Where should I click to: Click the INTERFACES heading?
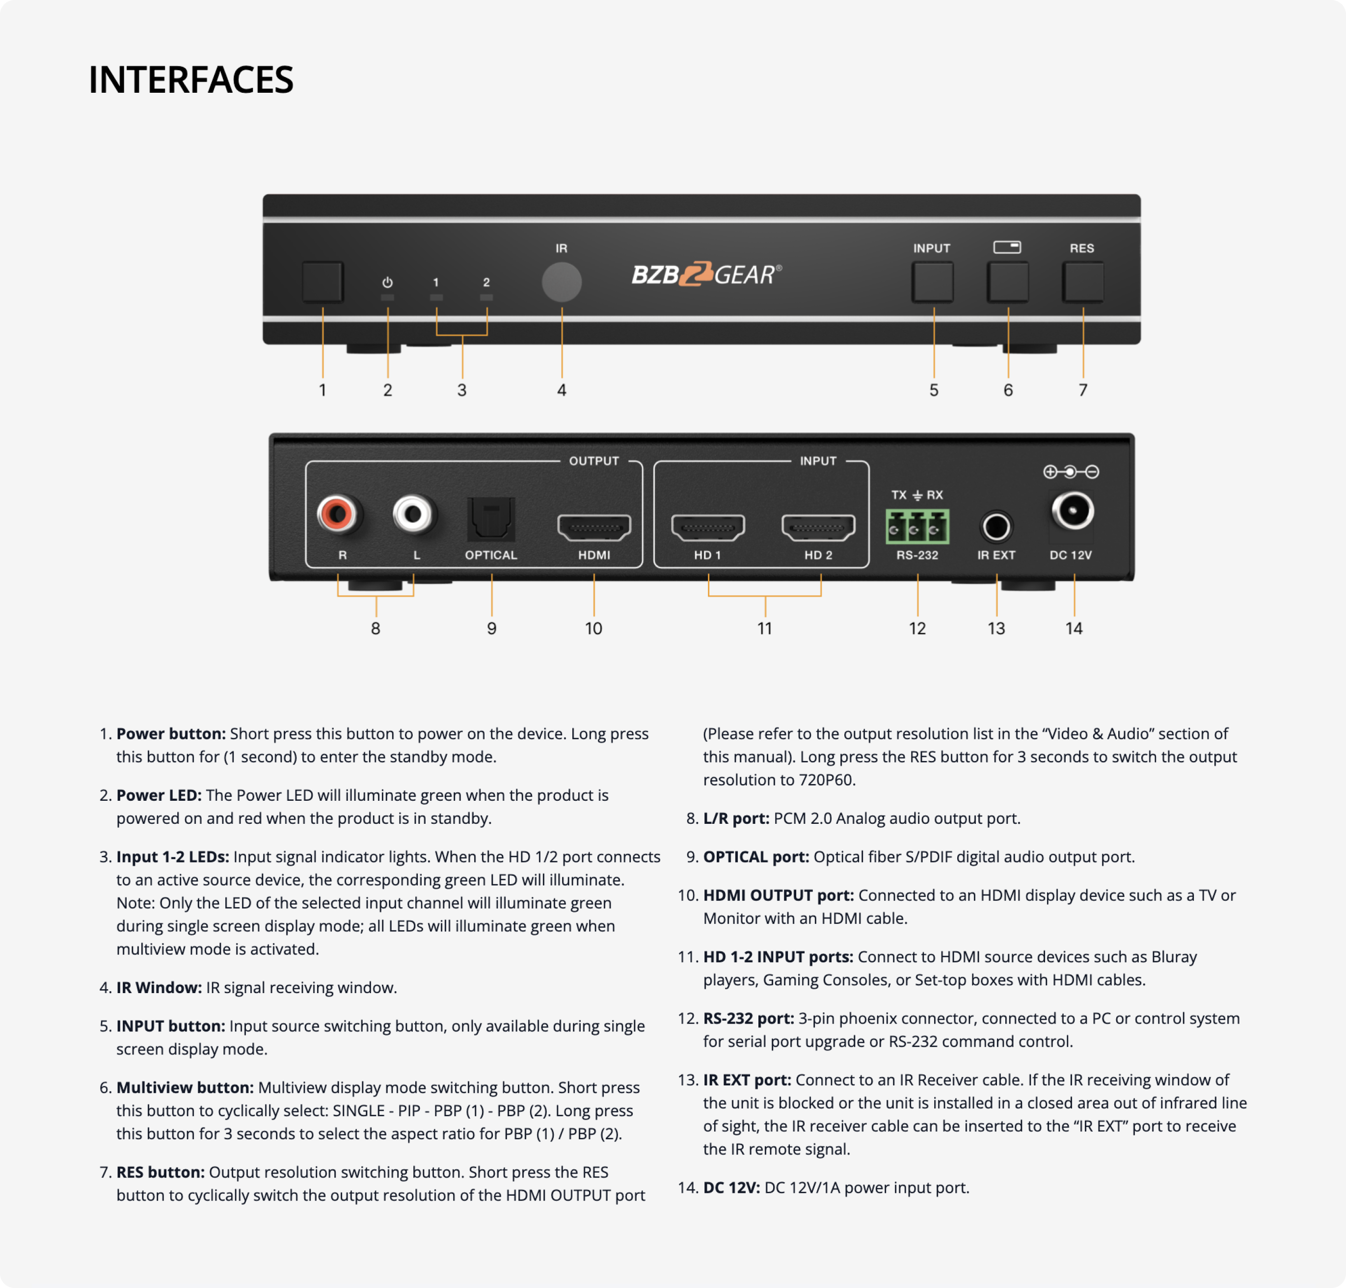pyautogui.click(x=191, y=79)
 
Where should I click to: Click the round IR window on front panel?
pyautogui.click(x=561, y=282)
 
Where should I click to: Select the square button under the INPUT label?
pyautogui.click(x=932, y=282)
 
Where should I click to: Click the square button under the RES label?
pyautogui.click(x=1082, y=282)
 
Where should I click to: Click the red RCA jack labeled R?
pyautogui.click(x=337, y=514)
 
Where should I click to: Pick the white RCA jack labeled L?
pyautogui.click(x=413, y=514)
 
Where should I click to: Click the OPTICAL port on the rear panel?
pyautogui.click(x=491, y=520)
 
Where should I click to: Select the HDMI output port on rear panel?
pyautogui.click(x=594, y=527)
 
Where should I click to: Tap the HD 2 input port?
pyautogui.click(x=818, y=527)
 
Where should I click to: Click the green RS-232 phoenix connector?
pyautogui.click(x=917, y=526)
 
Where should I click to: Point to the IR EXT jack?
pyautogui.click(x=996, y=527)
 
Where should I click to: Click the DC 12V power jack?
pyautogui.click(x=1072, y=511)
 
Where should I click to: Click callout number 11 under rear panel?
pyautogui.click(x=764, y=628)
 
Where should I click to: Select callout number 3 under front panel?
pyautogui.click(x=461, y=390)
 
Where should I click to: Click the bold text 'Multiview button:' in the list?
pyautogui.click(x=185, y=1087)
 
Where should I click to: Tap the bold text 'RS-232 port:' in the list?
pyautogui.click(x=748, y=1018)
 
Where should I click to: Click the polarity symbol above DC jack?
pyautogui.click(x=1071, y=472)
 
